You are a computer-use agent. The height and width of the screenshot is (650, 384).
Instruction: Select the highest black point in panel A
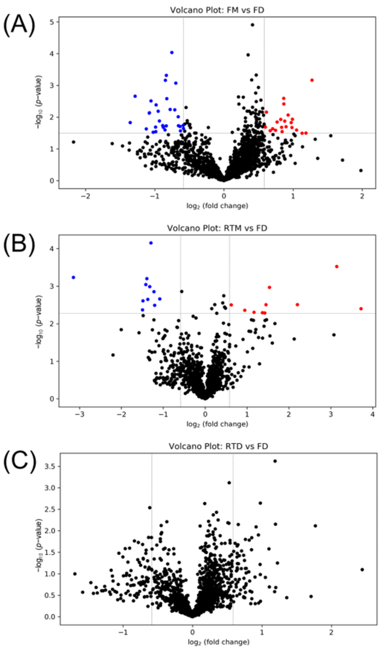point(252,25)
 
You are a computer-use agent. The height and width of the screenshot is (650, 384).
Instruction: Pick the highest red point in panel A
point(312,80)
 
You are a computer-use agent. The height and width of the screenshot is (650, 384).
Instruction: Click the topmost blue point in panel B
point(151,243)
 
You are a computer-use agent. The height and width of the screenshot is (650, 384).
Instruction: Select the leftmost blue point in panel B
point(73,277)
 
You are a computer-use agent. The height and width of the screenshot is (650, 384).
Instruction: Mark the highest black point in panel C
point(275,461)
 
